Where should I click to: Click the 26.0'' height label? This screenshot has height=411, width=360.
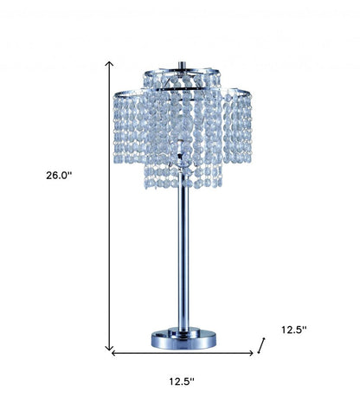point(60,174)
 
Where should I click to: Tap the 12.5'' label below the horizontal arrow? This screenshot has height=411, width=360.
point(180,381)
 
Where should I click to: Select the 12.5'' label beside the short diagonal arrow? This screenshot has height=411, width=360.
point(294,329)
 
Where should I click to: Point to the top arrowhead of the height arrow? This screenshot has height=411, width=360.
point(110,63)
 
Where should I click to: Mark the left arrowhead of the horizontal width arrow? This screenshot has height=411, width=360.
point(113,353)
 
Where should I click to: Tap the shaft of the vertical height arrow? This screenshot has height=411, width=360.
point(110,208)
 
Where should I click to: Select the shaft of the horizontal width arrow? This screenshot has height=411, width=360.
point(182,353)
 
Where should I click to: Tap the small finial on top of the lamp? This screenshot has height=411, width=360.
point(182,63)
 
